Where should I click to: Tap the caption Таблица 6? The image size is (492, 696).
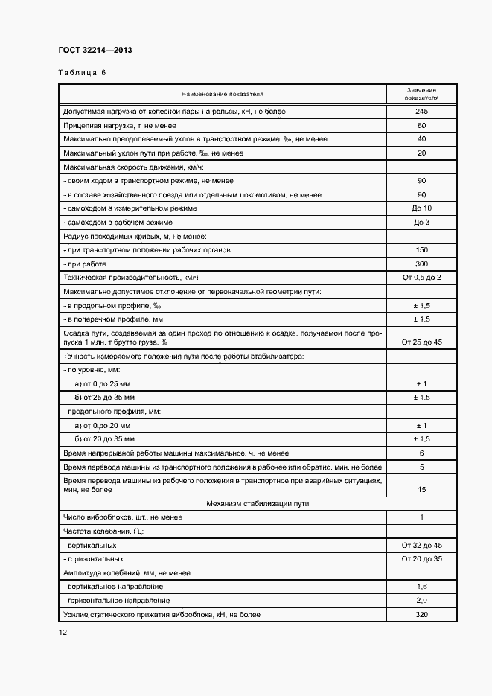pyautogui.click(x=83, y=73)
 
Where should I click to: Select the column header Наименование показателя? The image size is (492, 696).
pyautogui.click(x=223, y=95)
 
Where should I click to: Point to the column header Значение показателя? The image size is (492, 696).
pyautogui.click(x=421, y=94)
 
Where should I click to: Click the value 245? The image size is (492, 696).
pyautogui.click(x=421, y=112)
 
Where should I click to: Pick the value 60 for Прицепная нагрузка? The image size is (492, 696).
pyautogui.click(x=421, y=125)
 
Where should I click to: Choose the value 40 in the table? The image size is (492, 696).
pyautogui.click(x=421, y=139)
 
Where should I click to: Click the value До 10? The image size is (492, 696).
pyautogui.click(x=421, y=208)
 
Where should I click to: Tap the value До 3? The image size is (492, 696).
pyautogui.click(x=421, y=222)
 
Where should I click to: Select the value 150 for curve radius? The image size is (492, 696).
pyautogui.click(x=421, y=250)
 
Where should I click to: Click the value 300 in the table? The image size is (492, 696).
pyautogui.click(x=421, y=264)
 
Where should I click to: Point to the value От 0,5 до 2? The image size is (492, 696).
pyautogui.click(x=421, y=278)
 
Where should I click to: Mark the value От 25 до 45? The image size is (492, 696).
pyautogui.click(x=421, y=342)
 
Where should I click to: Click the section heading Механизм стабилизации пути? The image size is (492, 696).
pyautogui.click(x=258, y=504)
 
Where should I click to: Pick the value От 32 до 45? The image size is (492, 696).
pyautogui.click(x=421, y=545)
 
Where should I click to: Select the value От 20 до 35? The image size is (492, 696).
pyautogui.click(x=421, y=558)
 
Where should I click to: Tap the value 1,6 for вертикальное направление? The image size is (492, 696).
pyautogui.click(x=421, y=587)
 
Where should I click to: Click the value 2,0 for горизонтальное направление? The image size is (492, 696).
pyautogui.click(x=421, y=600)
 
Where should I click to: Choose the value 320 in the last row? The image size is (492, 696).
pyautogui.click(x=421, y=614)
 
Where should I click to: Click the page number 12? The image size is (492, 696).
pyautogui.click(x=63, y=632)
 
